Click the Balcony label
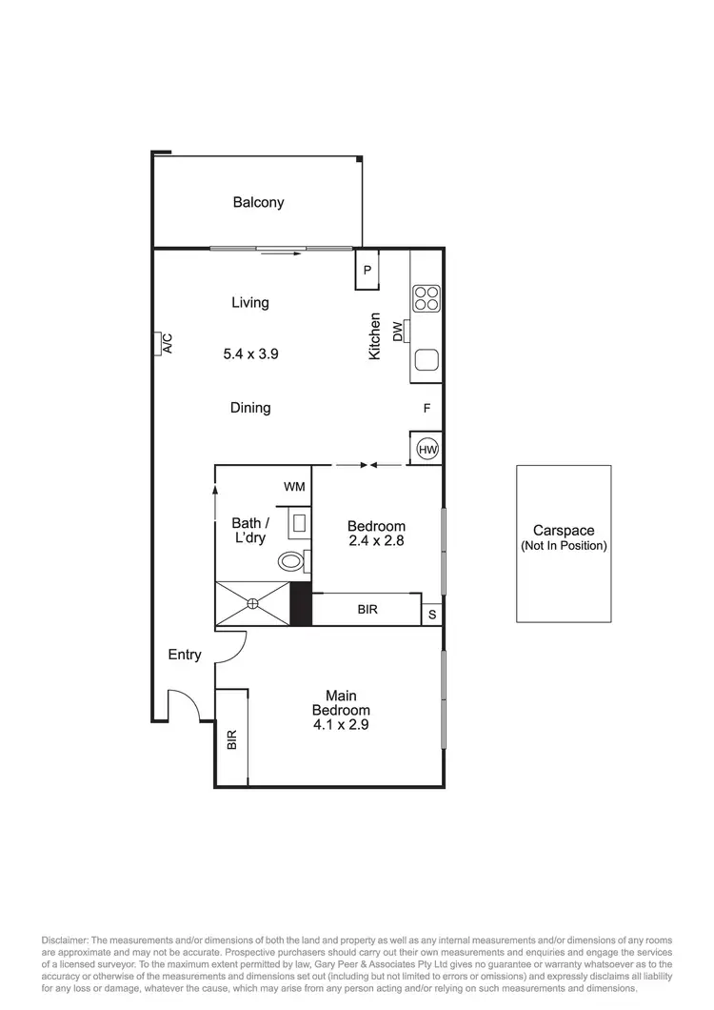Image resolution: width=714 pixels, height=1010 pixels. pos(258,202)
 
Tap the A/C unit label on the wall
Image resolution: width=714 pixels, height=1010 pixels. pos(165,344)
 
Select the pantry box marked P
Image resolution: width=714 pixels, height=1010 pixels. pos(367,270)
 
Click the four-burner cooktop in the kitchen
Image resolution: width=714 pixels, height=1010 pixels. pos(426,298)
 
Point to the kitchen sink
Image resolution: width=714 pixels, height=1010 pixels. pos(426,360)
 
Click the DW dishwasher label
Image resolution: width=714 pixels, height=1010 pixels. pos(396,332)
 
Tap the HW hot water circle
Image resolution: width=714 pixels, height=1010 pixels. pos(426,448)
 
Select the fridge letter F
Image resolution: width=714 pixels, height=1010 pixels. pos(427,409)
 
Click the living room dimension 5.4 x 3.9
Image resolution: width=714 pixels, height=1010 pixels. pos(250,353)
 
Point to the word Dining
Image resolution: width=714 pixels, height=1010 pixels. pos(250,408)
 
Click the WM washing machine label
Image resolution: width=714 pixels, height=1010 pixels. pos(294,487)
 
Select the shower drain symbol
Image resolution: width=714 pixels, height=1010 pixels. pos(253,602)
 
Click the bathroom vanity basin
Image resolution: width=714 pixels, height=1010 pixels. pos(298,522)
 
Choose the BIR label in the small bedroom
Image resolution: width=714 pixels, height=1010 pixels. pos(367,609)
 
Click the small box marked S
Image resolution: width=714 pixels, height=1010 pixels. pos(432,614)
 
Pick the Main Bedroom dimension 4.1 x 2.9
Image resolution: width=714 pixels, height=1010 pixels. pos(341,724)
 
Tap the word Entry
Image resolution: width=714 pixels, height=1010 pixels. pos(185,655)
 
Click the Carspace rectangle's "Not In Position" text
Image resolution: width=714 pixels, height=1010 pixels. pos(564,546)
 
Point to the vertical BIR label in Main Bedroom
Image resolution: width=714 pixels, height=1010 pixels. pos(231,740)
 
